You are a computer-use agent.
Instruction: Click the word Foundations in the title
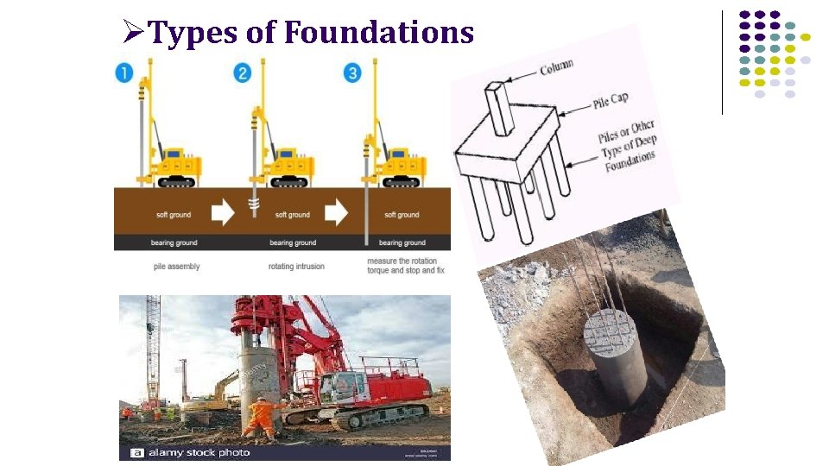click(379, 33)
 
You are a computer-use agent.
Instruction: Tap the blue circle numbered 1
click(124, 72)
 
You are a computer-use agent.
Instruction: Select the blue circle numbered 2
click(243, 72)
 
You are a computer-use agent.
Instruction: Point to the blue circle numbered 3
click(352, 72)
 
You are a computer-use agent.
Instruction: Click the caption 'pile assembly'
click(176, 267)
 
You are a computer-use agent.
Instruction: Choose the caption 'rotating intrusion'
click(296, 267)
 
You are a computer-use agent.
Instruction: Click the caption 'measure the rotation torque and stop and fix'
click(405, 266)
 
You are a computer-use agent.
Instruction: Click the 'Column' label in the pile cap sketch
click(557, 66)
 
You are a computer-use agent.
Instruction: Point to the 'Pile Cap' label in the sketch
click(610, 101)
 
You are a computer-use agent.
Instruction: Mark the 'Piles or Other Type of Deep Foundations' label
click(628, 146)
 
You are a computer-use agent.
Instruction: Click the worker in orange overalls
click(259, 416)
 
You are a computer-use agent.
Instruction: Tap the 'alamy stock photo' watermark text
click(198, 453)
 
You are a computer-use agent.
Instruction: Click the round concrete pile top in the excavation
click(616, 331)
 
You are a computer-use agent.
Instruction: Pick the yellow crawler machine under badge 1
click(177, 166)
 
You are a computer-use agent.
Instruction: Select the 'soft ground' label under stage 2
click(293, 215)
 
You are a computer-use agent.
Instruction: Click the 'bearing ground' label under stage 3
click(402, 243)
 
